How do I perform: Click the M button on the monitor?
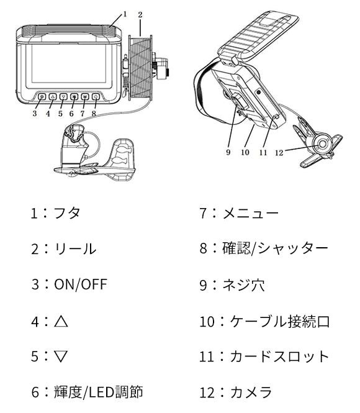pos(84,97)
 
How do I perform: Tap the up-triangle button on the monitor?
pos(53,97)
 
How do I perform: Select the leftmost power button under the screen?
pos(42,97)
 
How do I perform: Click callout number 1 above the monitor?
pos(125,14)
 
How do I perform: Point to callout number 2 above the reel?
pos(140,15)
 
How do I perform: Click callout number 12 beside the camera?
pos(279,153)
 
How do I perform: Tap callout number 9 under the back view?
pos(228,152)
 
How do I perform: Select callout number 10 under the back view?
pos(245,152)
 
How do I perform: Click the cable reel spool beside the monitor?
pos(140,67)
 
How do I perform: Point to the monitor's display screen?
pos(69,63)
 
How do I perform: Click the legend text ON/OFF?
pos(81,284)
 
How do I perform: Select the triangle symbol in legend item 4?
pos(61,321)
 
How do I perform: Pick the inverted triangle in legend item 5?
pos(61,356)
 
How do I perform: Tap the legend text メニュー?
pos(251,213)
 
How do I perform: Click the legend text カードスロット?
pos(280,356)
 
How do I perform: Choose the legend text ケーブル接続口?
pos(280,321)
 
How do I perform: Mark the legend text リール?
pos(75,248)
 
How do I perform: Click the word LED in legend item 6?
pos(102,392)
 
